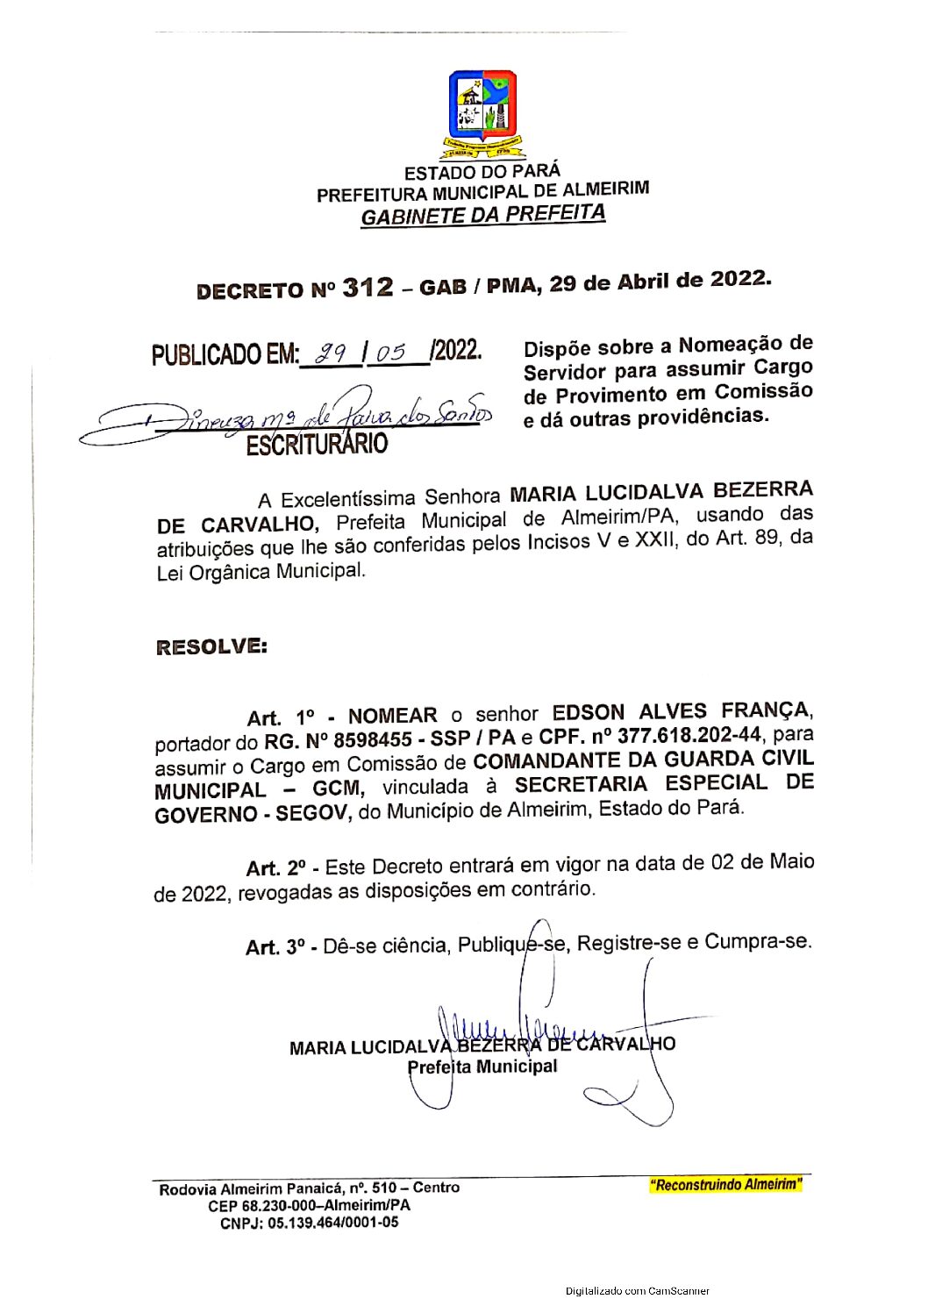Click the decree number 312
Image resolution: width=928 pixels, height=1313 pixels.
coord(368,288)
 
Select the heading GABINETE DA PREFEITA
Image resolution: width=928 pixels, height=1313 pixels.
coord(482,215)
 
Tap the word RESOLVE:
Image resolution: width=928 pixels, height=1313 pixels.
coord(211,647)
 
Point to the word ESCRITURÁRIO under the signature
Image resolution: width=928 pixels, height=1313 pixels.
coord(316,445)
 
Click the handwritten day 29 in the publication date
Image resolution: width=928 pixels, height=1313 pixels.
coord(332,353)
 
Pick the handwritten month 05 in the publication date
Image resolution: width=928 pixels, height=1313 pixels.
coord(391,353)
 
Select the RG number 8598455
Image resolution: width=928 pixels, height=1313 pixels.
coord(373,740)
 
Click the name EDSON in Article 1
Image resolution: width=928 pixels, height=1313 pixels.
coord(589,712)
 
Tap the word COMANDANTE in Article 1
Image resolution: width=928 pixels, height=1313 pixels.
coord(565,761)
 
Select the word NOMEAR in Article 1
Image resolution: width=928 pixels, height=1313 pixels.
coord(392,716)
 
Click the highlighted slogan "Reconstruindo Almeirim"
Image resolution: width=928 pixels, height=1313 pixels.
coord(725,1185)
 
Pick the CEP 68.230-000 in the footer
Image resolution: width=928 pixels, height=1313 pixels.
coord(265,1206)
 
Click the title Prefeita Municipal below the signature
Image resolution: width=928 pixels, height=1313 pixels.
coord(482,1067)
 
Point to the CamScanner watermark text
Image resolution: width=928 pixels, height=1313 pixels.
coord(638,1290)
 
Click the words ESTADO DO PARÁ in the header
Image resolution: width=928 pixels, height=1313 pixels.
coord(482,172)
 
